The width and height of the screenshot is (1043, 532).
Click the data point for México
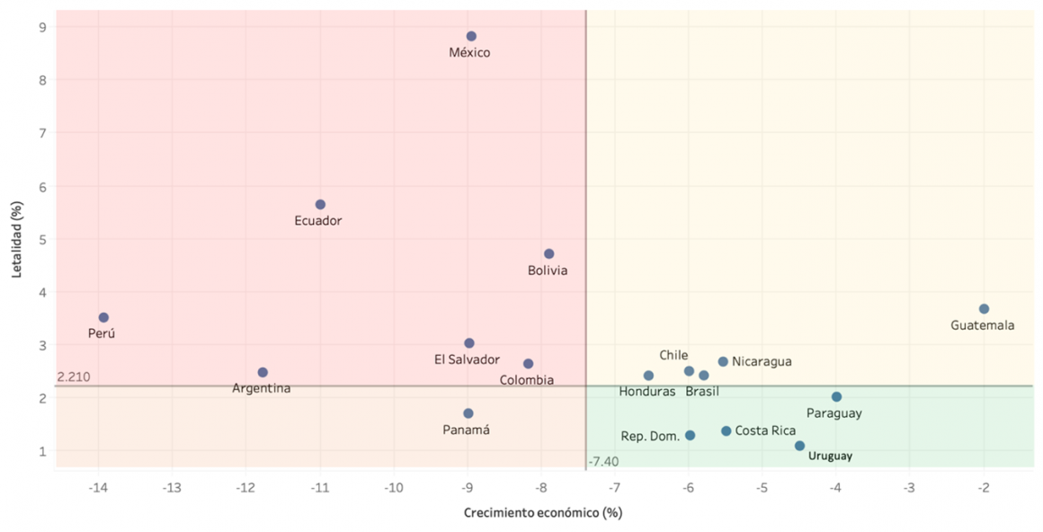pos(471,37)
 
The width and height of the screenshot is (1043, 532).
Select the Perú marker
pos(103,317)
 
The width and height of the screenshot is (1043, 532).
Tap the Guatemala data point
pos(984,309)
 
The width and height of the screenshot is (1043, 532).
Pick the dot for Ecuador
pos(320,205)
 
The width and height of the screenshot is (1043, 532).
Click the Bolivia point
pos(549,254)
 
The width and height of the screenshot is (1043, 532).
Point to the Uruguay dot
pos(799,446)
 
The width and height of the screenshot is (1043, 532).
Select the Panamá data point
pos(468,413)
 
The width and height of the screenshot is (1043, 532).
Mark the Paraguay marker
pos(836,397)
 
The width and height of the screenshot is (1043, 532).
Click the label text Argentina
pos(262,389)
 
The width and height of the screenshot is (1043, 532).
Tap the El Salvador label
pos(467,359)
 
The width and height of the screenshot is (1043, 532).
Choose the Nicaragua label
pos(762,361)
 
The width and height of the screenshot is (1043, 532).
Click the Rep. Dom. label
pos(650,437)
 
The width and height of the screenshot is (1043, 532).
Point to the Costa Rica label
pos(765,431)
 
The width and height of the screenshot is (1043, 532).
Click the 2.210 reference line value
pos(73,377)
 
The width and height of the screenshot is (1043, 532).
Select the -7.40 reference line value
pos(603,462)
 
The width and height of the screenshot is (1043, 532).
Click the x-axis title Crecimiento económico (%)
pos(543,513)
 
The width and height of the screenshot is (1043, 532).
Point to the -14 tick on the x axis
pos(98,488)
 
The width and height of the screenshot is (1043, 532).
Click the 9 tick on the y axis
pos(42,27)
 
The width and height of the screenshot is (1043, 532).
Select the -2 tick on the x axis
pos(984,488)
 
